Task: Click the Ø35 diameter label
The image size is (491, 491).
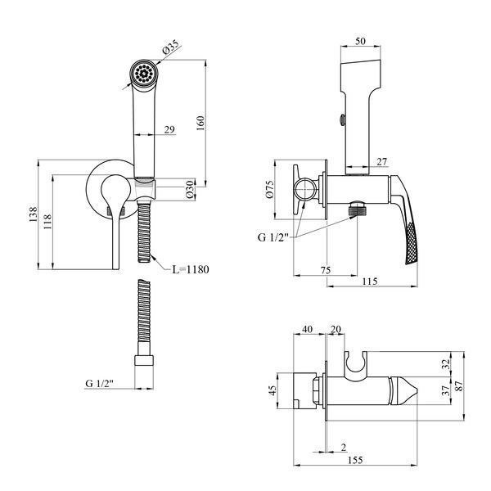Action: [x=171, y=47]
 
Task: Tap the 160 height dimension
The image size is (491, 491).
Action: [x=200, y=123]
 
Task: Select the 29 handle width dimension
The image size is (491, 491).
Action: [x=169, y=129]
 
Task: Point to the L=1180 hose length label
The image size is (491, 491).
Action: [x=191, y=269]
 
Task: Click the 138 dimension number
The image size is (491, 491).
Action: [x=33, y=214]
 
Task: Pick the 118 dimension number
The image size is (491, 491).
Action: [x=47, y=222]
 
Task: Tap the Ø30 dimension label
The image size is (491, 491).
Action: [x=191, y=190]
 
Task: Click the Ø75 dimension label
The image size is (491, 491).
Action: [x=270, y=190]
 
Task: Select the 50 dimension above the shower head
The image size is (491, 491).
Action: [x=360, y=41]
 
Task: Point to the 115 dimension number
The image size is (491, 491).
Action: [x=370, y=282]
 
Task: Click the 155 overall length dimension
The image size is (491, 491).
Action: [x=355, y=460]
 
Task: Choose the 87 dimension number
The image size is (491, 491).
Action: [x=459, y=386]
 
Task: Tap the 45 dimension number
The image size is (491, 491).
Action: [x=273, y=390]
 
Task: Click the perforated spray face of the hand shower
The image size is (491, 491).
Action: [x=144, y=74]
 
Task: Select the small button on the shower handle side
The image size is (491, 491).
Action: [x=342, y=120]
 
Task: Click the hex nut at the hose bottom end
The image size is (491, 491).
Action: [x=144, y=360]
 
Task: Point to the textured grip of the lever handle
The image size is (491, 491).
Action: [x=412, y=244]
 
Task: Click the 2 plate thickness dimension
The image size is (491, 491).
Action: [x=344, y=447]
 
